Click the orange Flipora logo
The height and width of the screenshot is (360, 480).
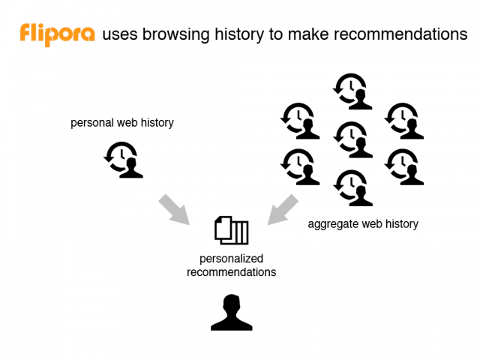tap(57, 34)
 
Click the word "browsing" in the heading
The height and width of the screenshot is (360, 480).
tap(175, 34)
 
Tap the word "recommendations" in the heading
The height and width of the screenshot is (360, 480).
tap(400, 34)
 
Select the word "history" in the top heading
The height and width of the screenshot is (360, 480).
tap(238, 34)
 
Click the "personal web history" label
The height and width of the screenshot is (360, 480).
tap(122, 123)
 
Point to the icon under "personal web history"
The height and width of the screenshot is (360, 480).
tap(123, 160)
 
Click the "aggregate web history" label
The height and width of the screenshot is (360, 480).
tap(363, 224)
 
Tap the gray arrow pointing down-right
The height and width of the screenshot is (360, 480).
tap(174, 209)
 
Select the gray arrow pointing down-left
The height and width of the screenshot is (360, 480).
tap(283, 209)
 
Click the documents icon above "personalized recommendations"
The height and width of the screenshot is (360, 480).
tap(232, 230)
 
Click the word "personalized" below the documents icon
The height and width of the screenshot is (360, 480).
tap(232, 259)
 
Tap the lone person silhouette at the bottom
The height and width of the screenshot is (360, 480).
tap(232, 312)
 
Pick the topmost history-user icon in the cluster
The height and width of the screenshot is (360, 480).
tap(352, 91)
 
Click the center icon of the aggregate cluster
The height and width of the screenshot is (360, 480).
tap(353, 139)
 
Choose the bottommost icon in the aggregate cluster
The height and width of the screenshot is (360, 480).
tap(353, 188)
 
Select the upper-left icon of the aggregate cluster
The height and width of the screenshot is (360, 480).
tap(300, 121)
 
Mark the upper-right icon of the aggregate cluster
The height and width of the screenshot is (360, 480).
tap(404, 121)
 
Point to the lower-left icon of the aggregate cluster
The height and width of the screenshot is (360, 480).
tap(300, 166)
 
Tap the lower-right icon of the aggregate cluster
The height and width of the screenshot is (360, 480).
tap(404, 166)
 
